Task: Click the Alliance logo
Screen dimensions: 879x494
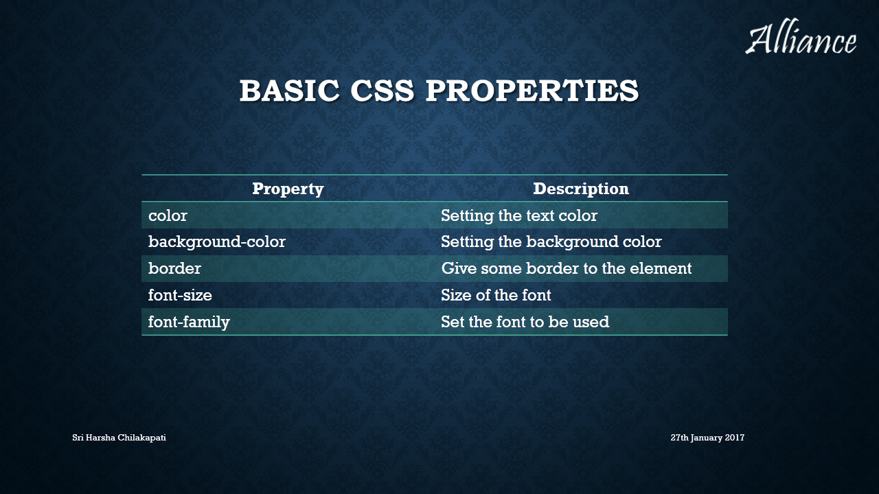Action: [x=801, y=36]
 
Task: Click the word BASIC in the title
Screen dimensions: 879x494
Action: [x=290, y=91]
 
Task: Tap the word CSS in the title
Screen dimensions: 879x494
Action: [x=383, y=91]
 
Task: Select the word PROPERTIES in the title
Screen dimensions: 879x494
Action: [x=532, y=91]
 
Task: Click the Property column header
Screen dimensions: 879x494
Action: [x=288, y=189]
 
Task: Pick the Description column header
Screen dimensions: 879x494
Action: [x=581, y=189]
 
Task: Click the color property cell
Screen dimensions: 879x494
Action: [x=168, y=215]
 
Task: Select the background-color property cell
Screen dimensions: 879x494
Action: [x=216, y=242]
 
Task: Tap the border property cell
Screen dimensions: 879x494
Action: [x=174, y=268]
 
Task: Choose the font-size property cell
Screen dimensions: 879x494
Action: [x=180, y=295]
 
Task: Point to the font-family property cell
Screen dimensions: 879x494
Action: [x=189, y=322]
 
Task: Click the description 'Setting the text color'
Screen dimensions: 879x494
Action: [x=518, y=216]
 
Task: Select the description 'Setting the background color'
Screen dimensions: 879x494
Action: [x=551, y=242]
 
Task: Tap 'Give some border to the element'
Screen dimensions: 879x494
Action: [x=567, y=268]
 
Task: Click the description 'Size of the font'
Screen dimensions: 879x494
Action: [x=496, y=295]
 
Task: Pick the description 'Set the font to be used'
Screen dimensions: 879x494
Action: [x=525, y=322]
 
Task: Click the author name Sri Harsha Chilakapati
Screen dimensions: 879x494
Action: [x=119, y=438]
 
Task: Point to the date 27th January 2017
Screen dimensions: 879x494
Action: [x=707, y=438]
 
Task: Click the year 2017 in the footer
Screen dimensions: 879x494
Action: [x=735, y=437]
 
